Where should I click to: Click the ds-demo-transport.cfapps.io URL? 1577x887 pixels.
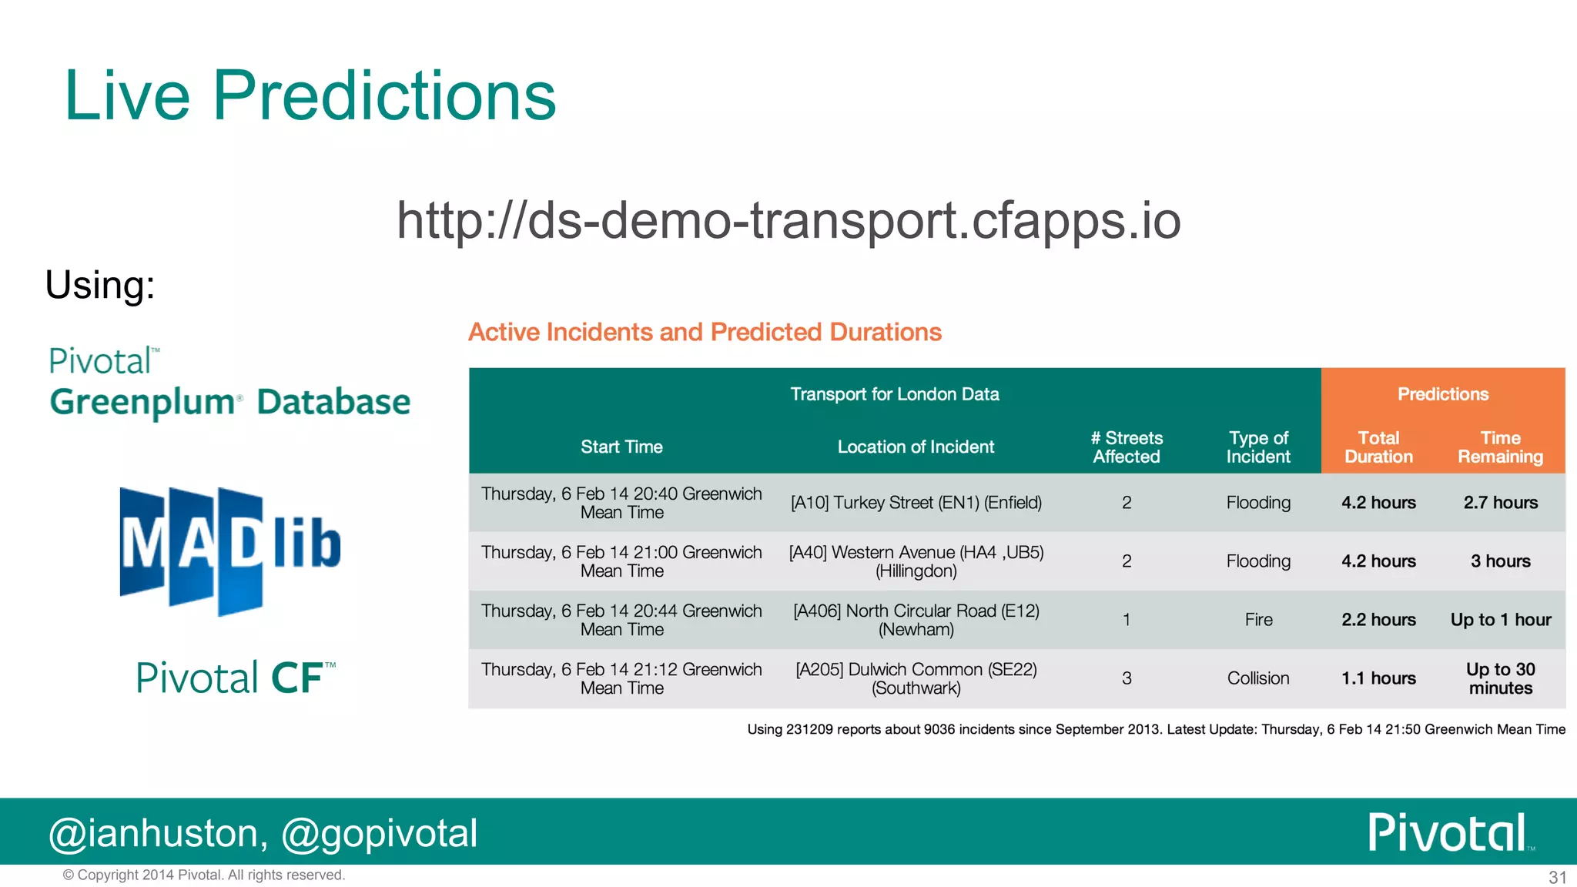click(x=788, y=220)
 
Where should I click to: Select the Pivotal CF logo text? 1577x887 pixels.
click(x=236, y=678)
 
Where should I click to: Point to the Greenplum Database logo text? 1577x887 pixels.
click(x=229, y=402)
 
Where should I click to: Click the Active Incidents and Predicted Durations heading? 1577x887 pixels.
click(x=705, y=332)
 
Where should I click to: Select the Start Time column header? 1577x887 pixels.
click(x=621, y=447)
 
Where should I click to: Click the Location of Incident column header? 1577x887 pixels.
click(x=916, y=447)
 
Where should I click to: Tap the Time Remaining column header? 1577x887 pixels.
click(x=1500, y=447)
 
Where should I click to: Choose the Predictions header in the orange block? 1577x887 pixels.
click(x=1443, y=394)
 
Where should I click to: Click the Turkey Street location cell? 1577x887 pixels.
click(x=916, y=503)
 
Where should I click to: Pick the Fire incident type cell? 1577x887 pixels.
click(x=1258, y=620)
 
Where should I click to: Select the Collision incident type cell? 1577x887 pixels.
click(x=1258, y=678)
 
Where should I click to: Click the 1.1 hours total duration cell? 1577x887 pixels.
click(x=1378, y=678)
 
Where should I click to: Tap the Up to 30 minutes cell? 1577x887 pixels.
click(x=1500, y=678)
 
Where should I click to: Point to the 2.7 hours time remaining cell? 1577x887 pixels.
click(x=1500, y=503)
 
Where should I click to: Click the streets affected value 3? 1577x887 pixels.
click(x=1127, y=678)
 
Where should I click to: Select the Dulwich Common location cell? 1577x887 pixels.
click(x=916, y=678)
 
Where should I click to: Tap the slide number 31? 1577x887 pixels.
click(x=1557, y=877)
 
